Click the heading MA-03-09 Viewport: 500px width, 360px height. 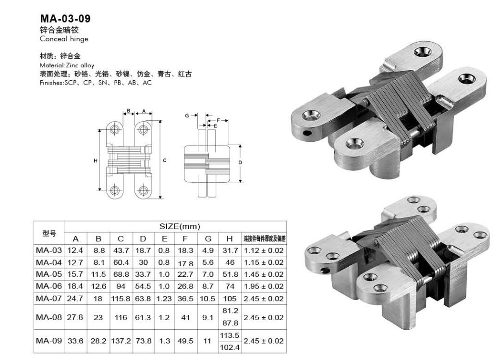click(65, 19)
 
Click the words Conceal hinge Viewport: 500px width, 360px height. click(64, 39)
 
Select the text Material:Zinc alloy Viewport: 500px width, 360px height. click(67, 65)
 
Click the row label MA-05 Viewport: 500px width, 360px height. click(49, 274)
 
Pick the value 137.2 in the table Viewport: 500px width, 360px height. click(121, 341)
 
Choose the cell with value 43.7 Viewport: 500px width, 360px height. click(121, 250)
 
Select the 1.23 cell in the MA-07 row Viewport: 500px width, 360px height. click(164, 298)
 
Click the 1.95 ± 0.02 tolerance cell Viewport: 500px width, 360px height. click(264, 286)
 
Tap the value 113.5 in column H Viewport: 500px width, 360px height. click(230, 335)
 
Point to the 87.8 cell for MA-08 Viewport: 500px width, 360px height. click(230, 323)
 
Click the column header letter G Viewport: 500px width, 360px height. click(208, 239)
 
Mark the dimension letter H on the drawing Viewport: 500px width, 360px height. click(96, 161)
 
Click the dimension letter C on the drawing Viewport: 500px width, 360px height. click(165, 161)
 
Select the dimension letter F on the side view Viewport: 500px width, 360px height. click(219, 120)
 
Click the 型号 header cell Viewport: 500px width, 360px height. click(49, 233)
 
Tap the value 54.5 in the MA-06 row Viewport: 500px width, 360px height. click(143, 286)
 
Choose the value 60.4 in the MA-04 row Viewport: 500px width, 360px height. click(121, 262)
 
